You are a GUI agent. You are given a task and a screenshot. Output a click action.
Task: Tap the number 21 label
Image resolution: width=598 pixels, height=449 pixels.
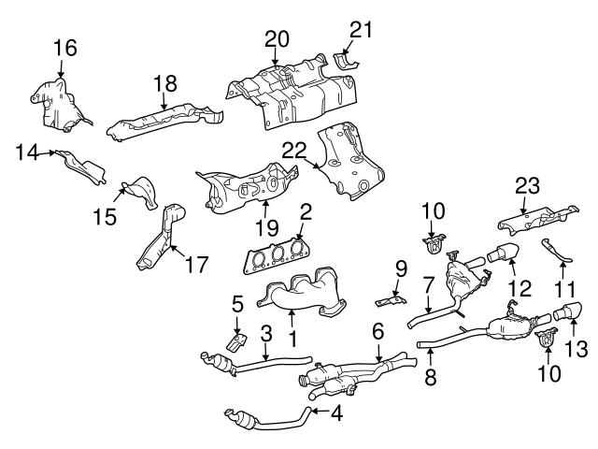(x=361, y=29)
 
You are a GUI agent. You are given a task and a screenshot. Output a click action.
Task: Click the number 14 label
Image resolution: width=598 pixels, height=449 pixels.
(x=27, y=150)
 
